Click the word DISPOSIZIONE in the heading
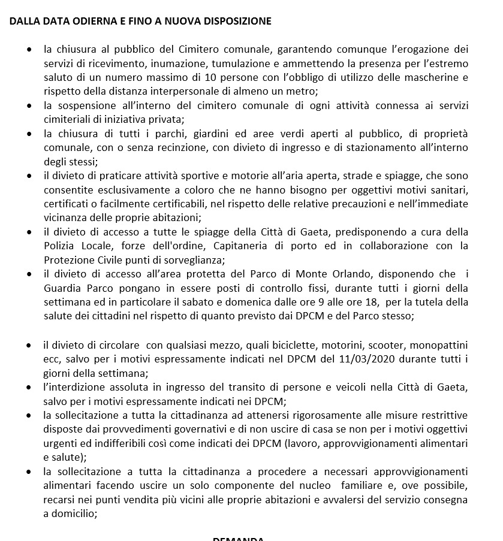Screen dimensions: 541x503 point(238,22)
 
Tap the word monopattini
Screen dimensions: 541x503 point(439,345)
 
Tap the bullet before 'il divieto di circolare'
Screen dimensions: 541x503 point(29,346)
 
